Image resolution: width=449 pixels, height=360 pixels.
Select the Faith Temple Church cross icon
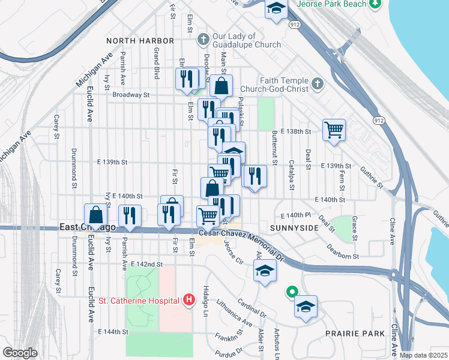(318, 85)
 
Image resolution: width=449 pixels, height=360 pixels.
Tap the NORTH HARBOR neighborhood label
(140, 41)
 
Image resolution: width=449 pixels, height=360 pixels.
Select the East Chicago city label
(88, 227)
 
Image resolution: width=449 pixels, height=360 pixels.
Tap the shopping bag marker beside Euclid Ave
(97, 215)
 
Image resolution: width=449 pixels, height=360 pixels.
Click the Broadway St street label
(131, 95)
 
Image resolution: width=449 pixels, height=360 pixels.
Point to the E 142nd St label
(146, 264)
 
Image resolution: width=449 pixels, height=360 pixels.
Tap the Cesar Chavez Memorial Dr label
(241, 235)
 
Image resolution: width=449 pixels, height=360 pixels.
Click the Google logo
(20, 353)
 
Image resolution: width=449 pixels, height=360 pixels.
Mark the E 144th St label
(113, 331)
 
